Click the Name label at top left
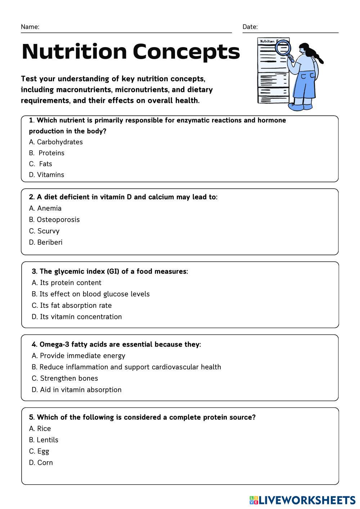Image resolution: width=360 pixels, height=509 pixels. [30, 27]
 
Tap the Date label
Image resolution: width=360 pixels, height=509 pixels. [250, 27]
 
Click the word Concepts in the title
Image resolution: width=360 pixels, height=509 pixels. [186, 51]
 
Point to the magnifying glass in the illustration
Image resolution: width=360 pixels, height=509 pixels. [283, 48]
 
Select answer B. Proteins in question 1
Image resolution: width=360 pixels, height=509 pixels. [47, 153]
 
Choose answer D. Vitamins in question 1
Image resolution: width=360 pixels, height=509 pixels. [46, 175]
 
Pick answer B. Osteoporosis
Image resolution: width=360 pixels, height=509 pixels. [54, 220]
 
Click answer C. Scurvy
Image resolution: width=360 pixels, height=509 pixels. [44, 231]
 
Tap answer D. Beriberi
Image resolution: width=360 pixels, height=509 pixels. [46, 242]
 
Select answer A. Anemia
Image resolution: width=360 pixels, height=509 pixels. [45, 208]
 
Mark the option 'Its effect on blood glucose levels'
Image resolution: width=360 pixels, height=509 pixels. [91, 294]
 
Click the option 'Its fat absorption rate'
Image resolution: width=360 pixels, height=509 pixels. [72, 306]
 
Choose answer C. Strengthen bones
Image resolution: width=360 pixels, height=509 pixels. [65, 378]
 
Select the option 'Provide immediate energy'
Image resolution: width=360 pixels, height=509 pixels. [78, 356]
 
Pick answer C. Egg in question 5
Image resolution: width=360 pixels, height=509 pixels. [39, 451]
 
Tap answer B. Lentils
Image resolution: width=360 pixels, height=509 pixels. [44, 440]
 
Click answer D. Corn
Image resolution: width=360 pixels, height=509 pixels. [41, 463]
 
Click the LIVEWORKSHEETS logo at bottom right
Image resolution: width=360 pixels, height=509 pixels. [302, 500]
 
